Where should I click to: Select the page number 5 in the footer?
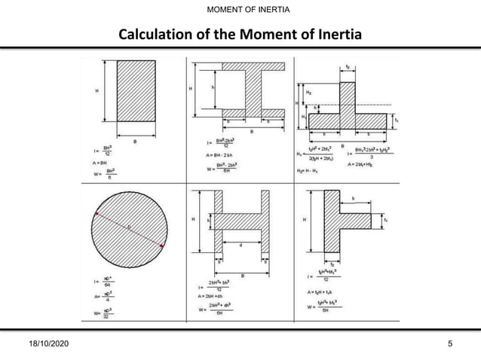pos(450,345)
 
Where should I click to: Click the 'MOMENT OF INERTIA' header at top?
pos(240,8)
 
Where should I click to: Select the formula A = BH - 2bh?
pos(219,154)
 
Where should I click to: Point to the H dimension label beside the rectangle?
pos(97,90)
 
